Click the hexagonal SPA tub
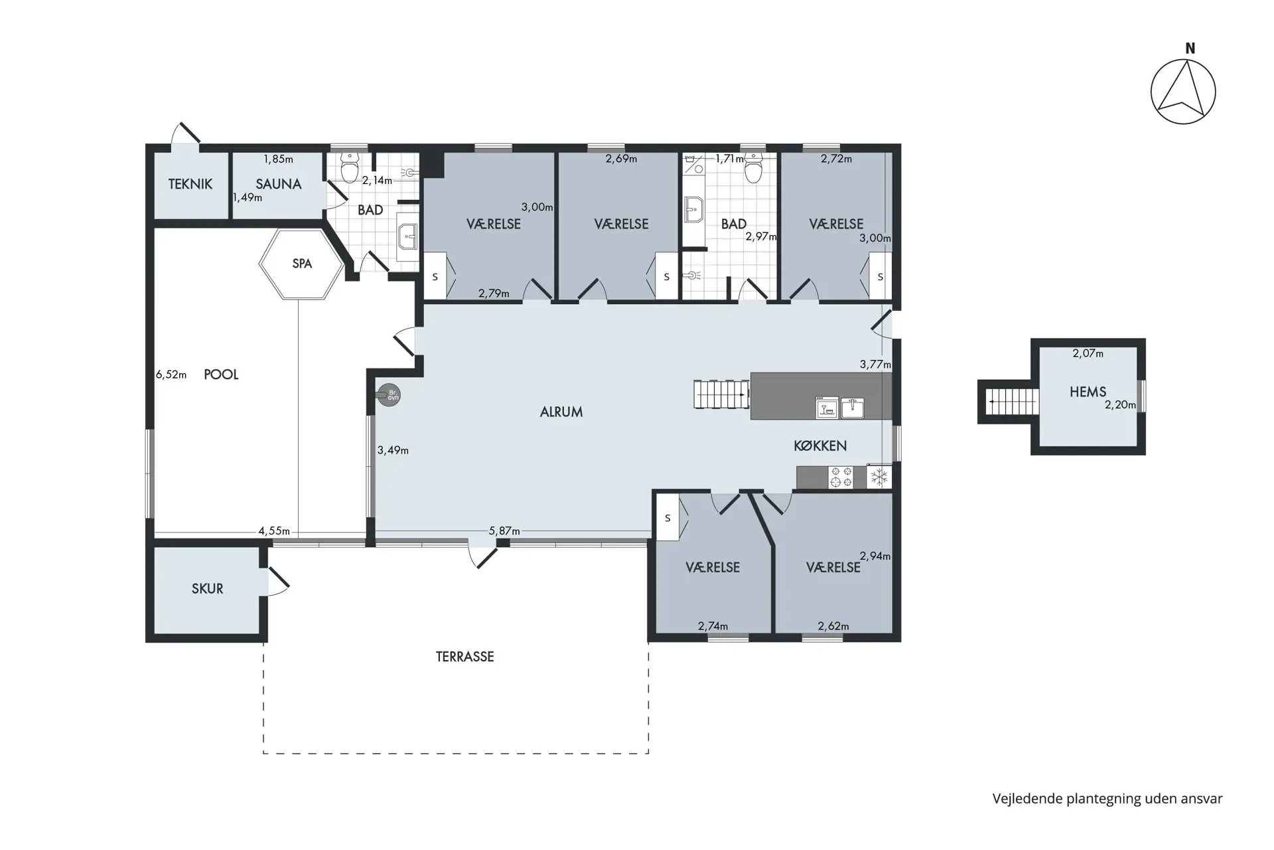301,264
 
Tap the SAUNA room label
279,184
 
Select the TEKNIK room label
190,184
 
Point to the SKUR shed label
207,588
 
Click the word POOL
221,375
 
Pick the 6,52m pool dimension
171,375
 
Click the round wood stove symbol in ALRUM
389,395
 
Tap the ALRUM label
561,412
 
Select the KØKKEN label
820,446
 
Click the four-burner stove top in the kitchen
841,477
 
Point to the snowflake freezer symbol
879,477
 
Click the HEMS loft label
1088,392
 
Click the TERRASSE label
465,657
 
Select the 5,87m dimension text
504,531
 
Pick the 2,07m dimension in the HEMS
1088,354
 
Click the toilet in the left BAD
349,167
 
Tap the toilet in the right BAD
752,168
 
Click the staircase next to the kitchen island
722,394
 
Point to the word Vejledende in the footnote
1026,799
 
